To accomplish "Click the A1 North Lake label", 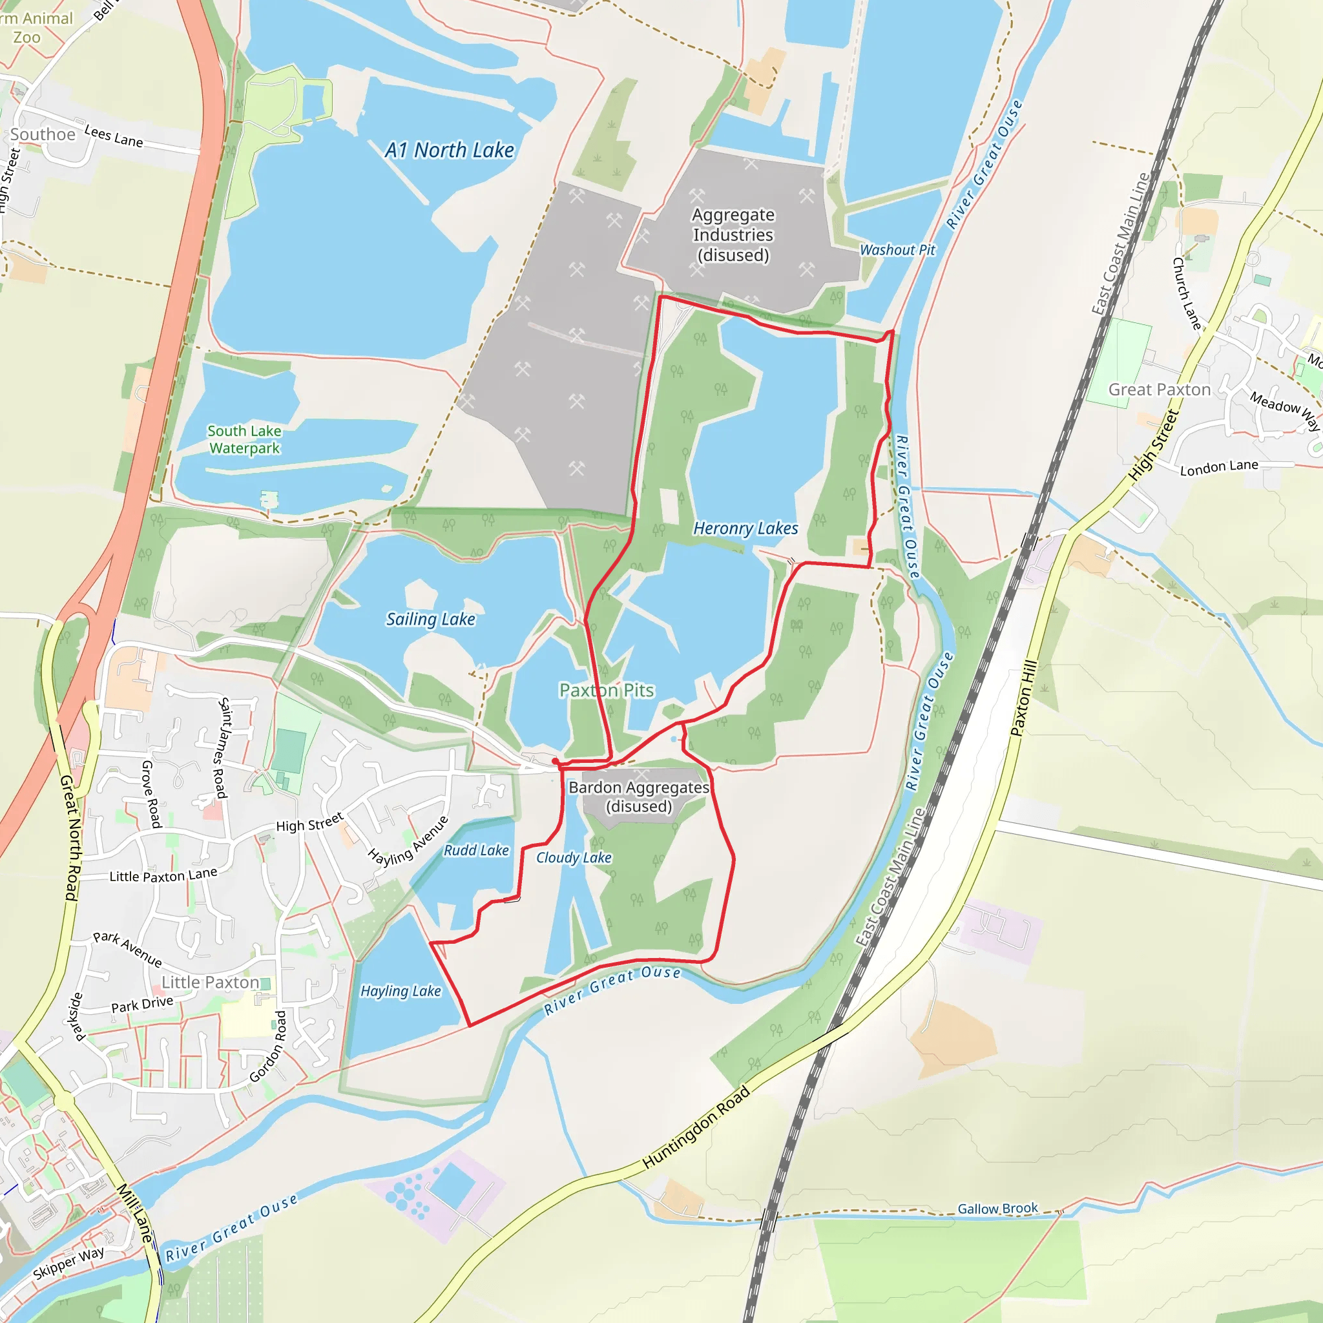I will click(449, 150).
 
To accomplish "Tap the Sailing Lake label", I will click(430, 619).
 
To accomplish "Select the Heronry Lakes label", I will click(745, 528).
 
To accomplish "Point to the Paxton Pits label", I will click(607, 691).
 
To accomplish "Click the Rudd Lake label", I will click(476, 851).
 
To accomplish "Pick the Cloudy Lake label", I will click(573, 857).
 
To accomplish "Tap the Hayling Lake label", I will click(401, 991).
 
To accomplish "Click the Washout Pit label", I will click(897, 250).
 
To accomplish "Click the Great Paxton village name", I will click(1160, 390).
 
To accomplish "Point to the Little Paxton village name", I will click(210, 983).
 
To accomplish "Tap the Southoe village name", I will click(43, 134).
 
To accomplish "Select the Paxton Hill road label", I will click(1025, 698).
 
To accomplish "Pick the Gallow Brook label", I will click(997, 1209).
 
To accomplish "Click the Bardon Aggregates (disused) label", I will click(639, 797).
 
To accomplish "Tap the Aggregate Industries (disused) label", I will click(733, 235).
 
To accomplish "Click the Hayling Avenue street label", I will click(408, 841).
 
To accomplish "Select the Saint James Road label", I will click(223, 748).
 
